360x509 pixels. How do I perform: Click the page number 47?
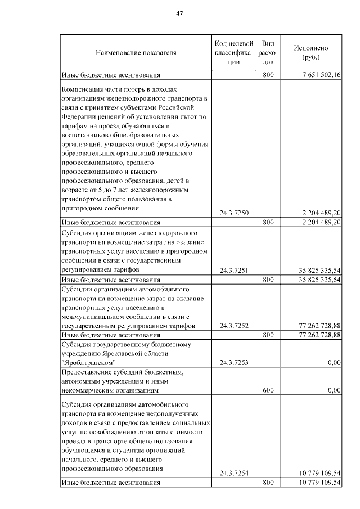180,13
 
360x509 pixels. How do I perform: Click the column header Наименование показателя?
136,53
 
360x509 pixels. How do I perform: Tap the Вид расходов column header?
268,53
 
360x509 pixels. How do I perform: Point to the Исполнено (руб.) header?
310,53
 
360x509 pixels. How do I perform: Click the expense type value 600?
268,389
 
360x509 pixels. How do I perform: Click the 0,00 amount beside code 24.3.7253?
335,363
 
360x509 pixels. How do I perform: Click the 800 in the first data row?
268,74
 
